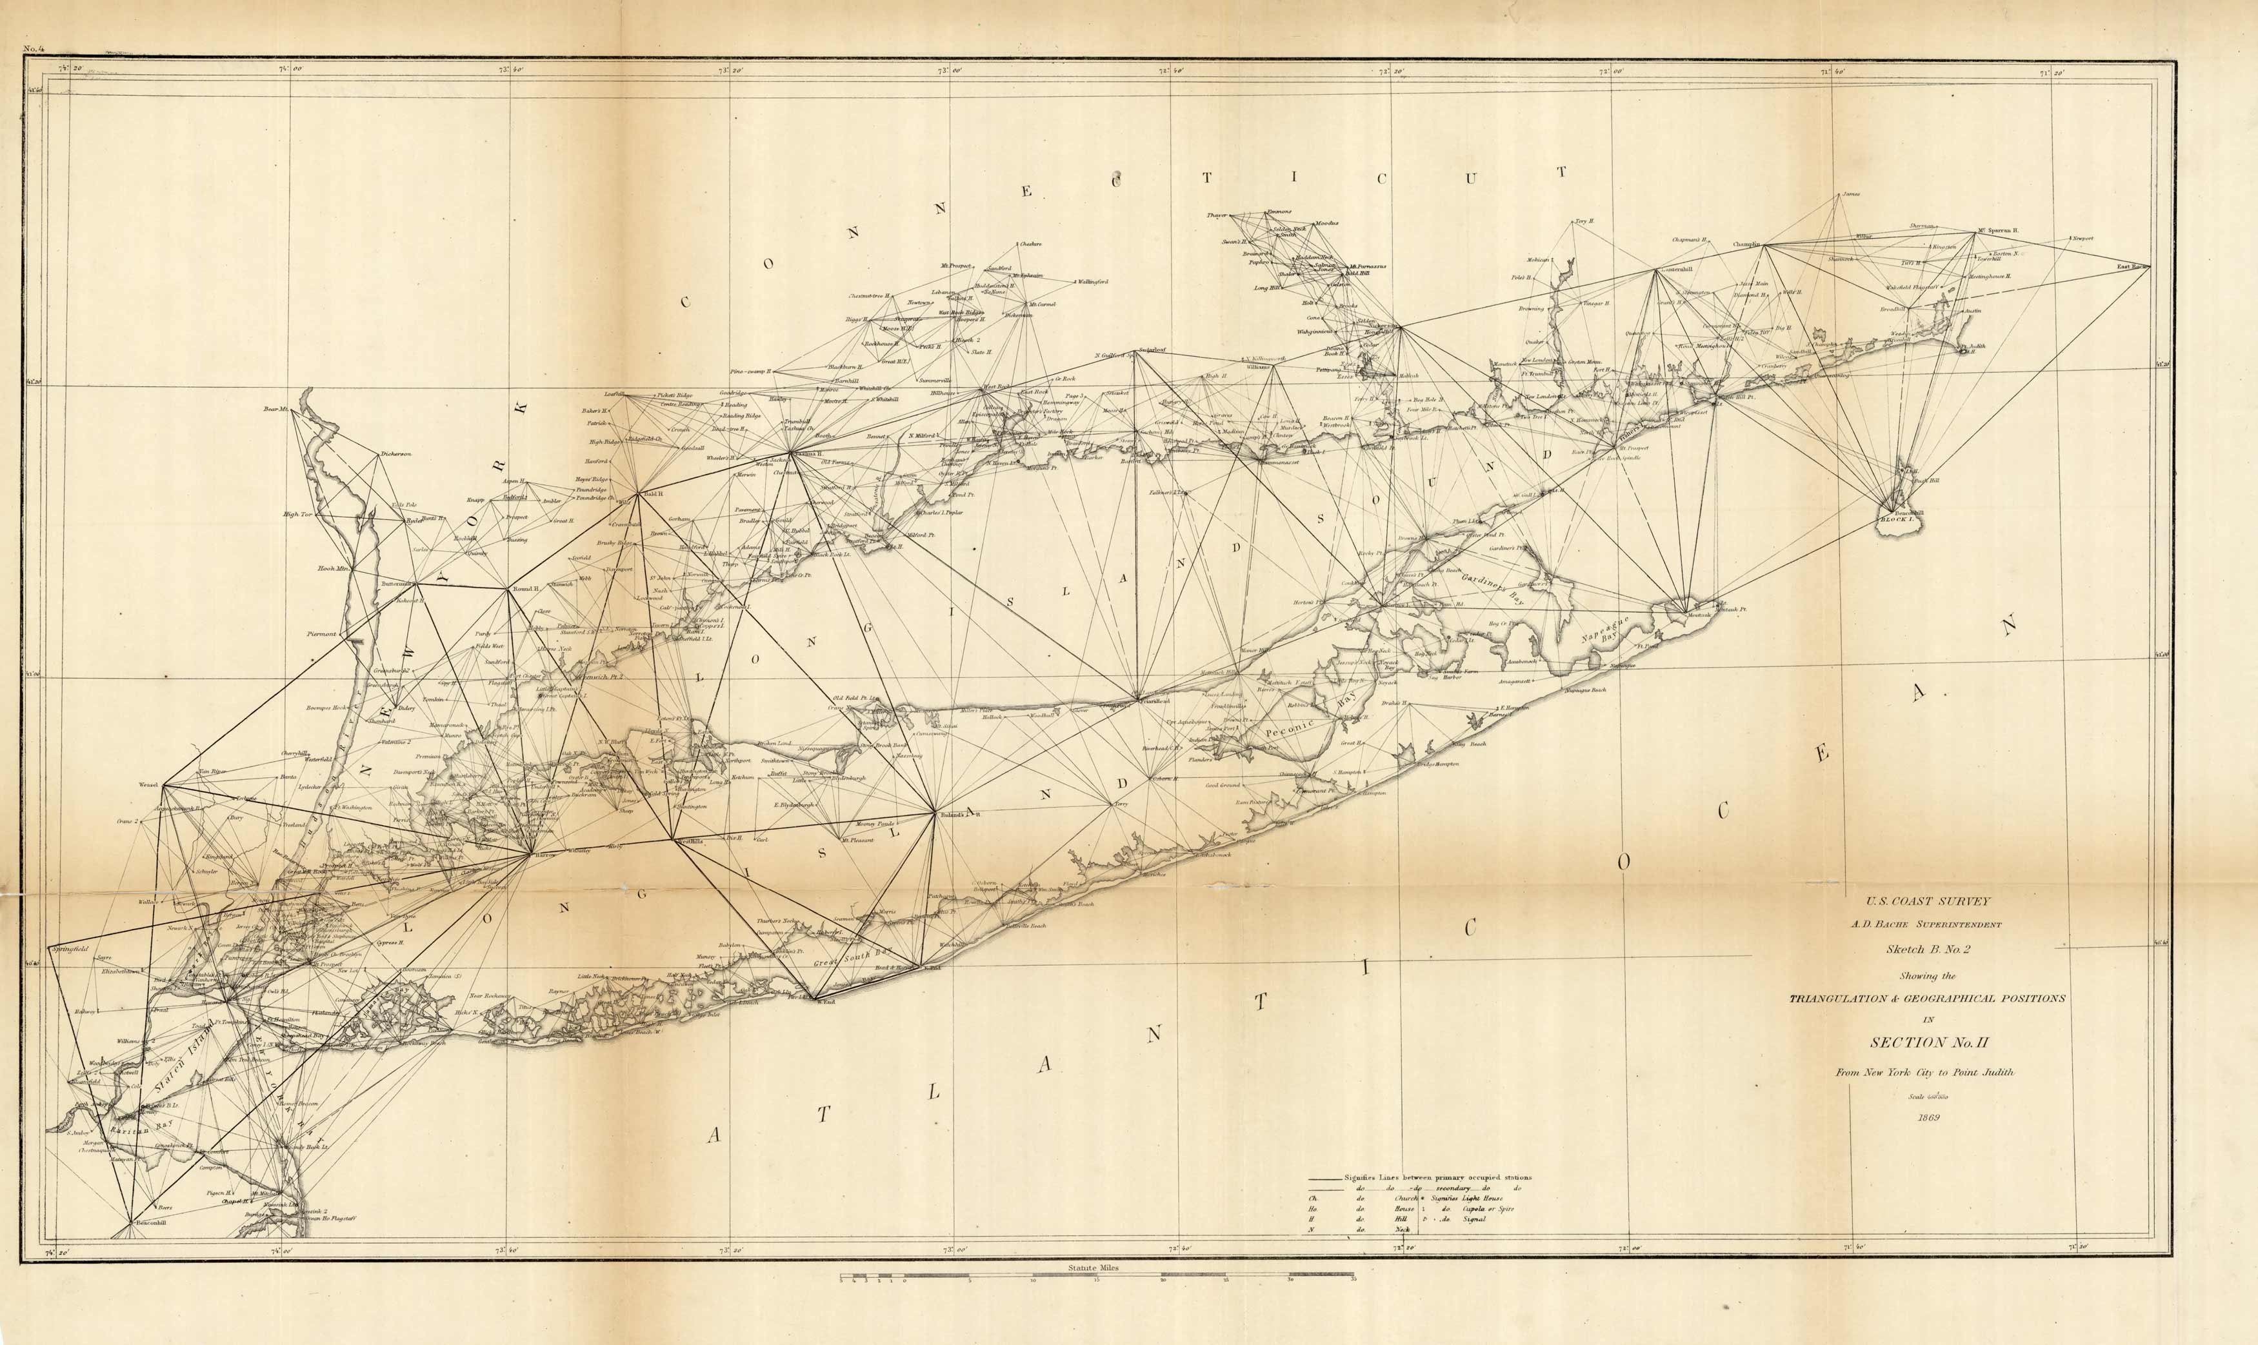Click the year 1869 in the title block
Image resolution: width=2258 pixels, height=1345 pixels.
coord(1928,1117)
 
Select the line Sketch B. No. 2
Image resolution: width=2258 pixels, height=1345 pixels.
coord(1927,949)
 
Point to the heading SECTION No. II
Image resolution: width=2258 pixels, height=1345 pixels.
coord(1927,1042)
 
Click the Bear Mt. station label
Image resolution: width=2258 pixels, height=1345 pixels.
coord(275,410)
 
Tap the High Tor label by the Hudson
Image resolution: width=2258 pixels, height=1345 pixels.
coord(297,515)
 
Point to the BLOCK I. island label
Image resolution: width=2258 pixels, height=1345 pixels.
coord(1896,520)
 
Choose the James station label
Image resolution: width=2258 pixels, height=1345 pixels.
coord(1850,195)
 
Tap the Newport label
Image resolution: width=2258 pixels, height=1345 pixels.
coord(2082,239)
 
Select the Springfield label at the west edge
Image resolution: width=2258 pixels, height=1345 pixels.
coord(70,949)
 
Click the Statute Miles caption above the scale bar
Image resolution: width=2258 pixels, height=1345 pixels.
coord(1094,1268)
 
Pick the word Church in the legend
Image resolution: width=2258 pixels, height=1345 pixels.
coord(1406,1198)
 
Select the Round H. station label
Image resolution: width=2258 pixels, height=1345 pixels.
coord(526,589)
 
